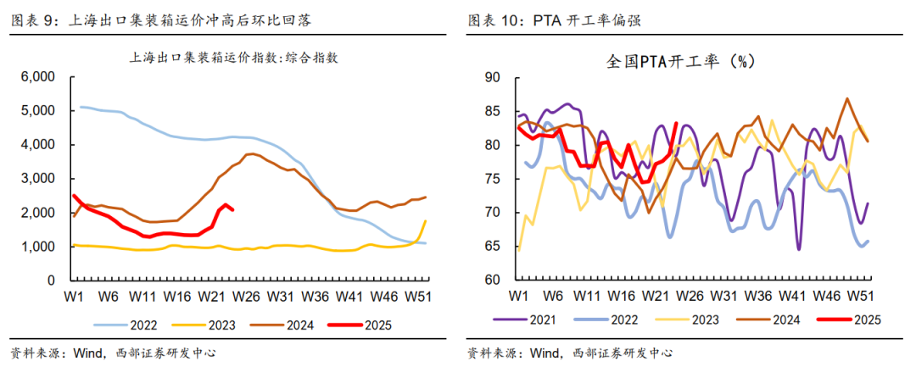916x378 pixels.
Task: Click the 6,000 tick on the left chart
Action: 39,77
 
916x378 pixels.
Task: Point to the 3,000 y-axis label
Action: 39,179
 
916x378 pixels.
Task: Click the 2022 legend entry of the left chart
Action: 135,324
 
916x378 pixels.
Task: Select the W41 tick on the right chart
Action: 792,296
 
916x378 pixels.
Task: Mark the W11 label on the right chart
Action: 587,296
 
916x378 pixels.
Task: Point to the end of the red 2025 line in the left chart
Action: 233,210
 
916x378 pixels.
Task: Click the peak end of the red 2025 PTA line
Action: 675,123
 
